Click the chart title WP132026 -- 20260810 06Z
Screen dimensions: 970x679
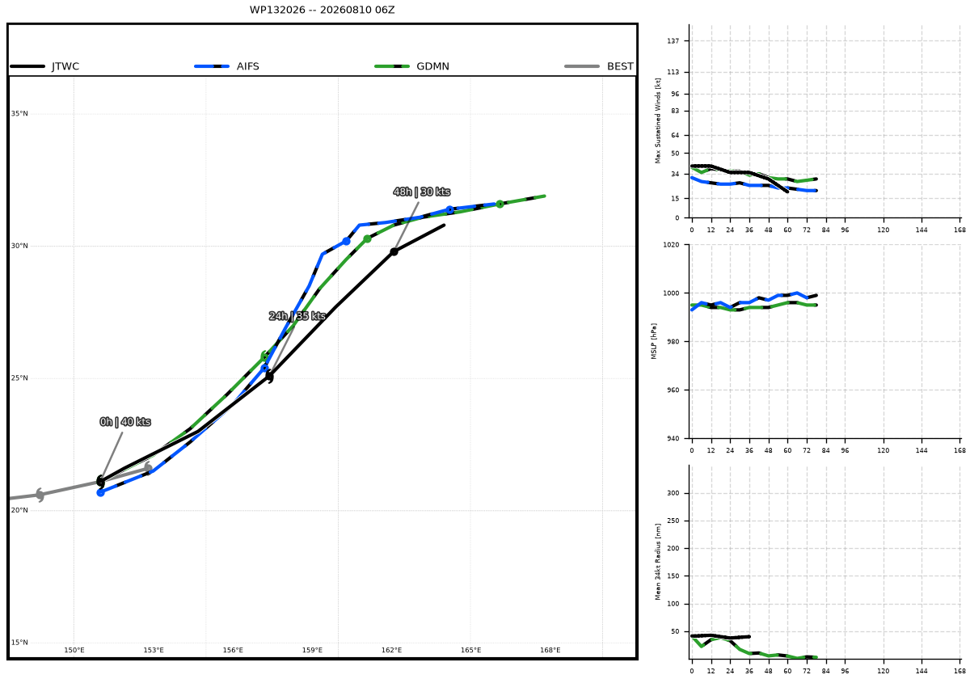322,10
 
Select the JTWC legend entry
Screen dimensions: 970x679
45,66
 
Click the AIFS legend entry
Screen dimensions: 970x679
227,66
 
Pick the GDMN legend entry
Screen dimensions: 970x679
411,66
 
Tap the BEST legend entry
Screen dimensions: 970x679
599,66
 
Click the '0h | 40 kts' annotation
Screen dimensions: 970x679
125,422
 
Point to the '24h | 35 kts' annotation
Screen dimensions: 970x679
297,316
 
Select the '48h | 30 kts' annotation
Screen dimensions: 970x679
422,192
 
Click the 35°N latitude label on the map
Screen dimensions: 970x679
19,114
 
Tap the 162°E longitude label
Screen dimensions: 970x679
391,650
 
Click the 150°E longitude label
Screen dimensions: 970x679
74,650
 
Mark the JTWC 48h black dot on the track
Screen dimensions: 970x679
394,251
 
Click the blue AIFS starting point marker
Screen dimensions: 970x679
100,492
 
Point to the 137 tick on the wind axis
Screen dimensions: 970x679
673,40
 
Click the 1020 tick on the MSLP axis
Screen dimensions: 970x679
671,245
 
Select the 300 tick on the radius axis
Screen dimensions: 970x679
673,493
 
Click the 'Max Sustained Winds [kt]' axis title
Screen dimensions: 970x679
658,120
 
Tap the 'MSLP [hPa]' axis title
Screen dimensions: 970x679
654,341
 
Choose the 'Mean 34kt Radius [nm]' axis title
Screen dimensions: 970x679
658,562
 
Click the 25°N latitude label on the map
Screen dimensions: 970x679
19,378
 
